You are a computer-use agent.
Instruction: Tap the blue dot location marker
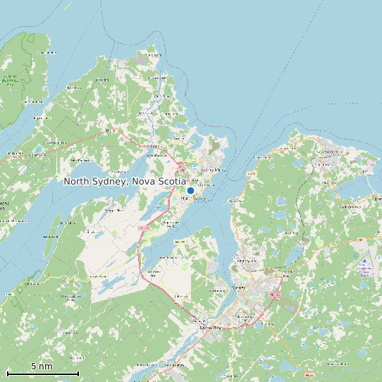pos(190,190)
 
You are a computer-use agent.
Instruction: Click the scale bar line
pos(42,373)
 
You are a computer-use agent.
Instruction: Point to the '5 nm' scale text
pos(42,366)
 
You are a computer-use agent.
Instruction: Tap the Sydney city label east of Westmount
pos(240,288)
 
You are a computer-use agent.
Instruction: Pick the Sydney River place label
pos(210,328)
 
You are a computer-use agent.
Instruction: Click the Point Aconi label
pos(152,54)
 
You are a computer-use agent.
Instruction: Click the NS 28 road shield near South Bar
pos(252,173)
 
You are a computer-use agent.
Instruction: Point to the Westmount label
pos(216,290)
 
